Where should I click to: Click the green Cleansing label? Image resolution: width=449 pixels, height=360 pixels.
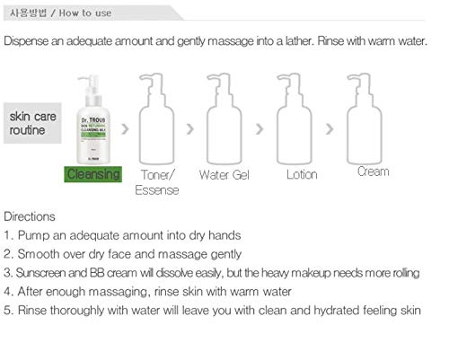coord(92,174)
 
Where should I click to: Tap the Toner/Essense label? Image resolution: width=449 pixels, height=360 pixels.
coord(157,181)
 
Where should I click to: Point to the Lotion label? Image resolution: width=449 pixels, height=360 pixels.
coord(302,174)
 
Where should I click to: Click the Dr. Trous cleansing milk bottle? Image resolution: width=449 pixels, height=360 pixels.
coord(93,120)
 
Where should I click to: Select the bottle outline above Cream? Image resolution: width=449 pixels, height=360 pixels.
coord(373,119)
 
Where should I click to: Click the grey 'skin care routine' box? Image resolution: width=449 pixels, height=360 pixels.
coord(32,123)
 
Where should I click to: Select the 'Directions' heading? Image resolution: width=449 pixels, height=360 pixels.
coord(30,217)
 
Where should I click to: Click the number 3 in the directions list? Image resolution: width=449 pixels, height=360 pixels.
coord(7,273)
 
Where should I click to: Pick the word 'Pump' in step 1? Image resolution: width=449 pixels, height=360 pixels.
coord(32,236)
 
